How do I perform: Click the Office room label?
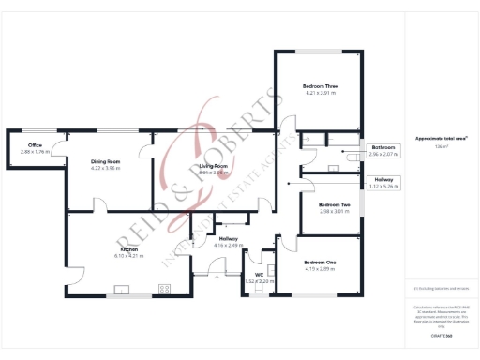(35, 145)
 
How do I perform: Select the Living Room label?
(213, 166)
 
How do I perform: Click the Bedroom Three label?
(320, 86)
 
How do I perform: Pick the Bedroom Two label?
(334, 204)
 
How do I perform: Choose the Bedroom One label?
(320, 262)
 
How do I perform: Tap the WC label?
(258, 275)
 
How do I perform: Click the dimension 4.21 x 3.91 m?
(320, 93)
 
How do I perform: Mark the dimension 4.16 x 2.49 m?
(229, 246)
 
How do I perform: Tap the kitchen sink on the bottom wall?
(121, 289)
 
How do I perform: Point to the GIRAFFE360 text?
(440, 335)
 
